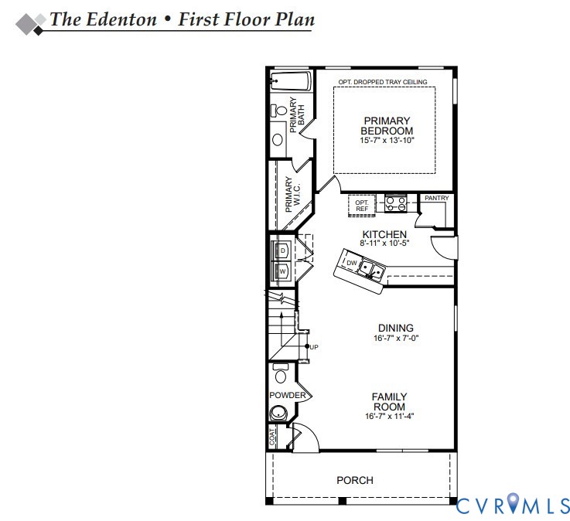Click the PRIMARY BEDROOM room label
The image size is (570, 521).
[x=387, y=126]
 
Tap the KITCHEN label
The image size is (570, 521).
[x=384, y=234]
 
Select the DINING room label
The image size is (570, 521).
[x=396, y=328]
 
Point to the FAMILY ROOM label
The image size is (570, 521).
[x=389, y=401]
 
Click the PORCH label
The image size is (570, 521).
[x=355, y=480]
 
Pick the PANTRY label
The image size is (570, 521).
[x=437, y=198]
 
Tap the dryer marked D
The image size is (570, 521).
[x=282, y=250]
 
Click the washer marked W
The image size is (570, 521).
[x=282, y=271]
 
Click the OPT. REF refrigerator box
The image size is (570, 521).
[x=362, y=206]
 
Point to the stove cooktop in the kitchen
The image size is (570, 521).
[x=395, y=203]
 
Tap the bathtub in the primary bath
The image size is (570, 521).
[x=291, y=81]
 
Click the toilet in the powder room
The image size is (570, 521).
[x=281, y=373]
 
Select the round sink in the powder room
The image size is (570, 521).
[x=278, y=413]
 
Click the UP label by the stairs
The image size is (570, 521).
[x=314, y=347]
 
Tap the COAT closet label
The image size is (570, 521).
[x=272, y=437]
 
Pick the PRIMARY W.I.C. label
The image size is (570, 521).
[x=292, y=194]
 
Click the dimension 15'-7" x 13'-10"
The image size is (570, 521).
[x=387, y=140]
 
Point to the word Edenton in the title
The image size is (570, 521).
[x=121, y=19]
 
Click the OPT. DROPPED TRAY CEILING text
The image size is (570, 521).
[x=383, y=82]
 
